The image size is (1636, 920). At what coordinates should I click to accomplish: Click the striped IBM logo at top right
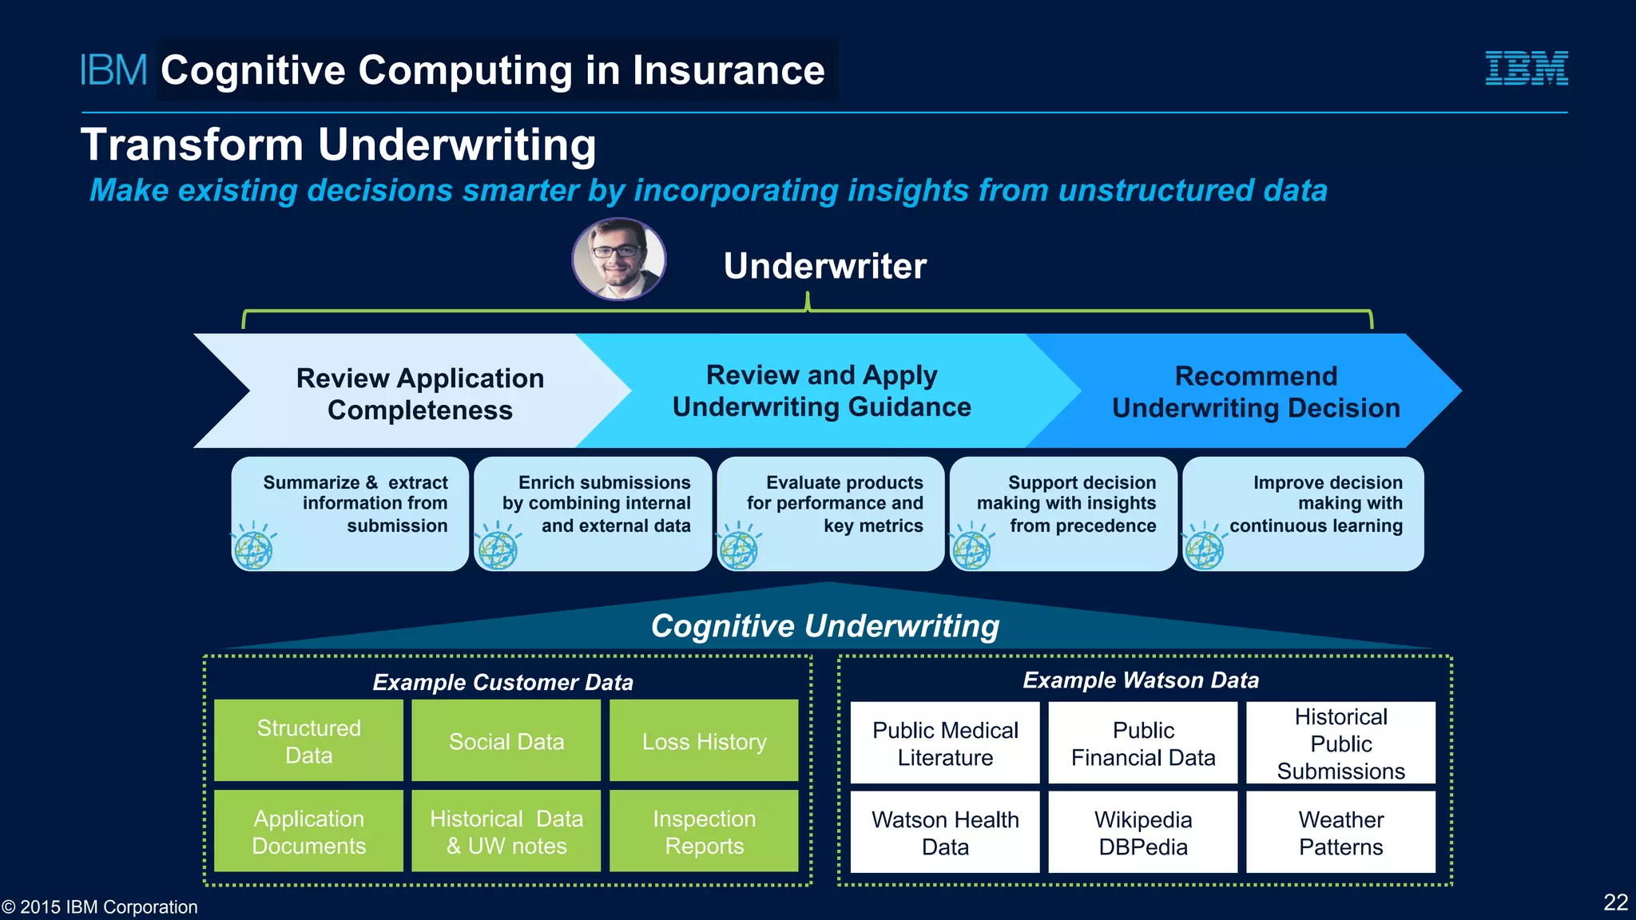1526,68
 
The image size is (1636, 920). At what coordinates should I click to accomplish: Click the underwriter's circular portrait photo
618,260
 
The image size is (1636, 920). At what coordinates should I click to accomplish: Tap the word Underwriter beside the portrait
824,266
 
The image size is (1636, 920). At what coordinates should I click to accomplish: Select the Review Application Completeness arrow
419,393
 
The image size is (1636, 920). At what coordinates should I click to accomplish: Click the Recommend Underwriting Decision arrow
1256,392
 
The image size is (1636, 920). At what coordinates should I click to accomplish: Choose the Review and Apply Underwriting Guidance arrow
821,391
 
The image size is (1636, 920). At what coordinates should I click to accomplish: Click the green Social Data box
506,741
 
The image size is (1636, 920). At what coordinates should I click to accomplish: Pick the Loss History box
704,741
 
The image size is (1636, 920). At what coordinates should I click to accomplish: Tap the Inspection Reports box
704,831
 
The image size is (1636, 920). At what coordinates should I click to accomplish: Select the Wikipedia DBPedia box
1142,832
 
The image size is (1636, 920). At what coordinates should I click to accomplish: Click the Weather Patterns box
1340,832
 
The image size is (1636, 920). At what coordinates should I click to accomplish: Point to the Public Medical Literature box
945,743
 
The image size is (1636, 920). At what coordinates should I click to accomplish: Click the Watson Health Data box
945,832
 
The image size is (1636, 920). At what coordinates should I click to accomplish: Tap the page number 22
1615,902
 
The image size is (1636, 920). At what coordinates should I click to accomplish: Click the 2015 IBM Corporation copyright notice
100,907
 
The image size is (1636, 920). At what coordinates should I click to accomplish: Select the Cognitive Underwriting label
824,626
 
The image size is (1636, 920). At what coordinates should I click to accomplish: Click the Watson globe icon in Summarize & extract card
254,549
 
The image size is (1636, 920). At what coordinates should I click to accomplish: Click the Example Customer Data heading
502,682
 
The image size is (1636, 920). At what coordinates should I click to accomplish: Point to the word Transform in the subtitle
192,145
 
